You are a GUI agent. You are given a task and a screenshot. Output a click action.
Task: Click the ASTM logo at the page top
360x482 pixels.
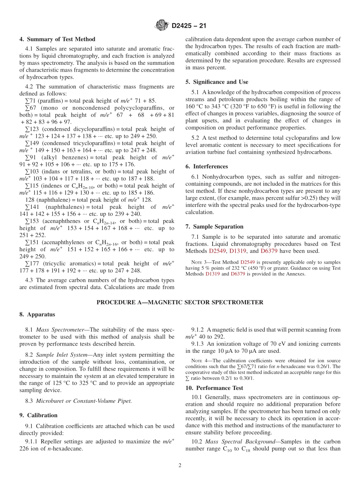click(162, 26)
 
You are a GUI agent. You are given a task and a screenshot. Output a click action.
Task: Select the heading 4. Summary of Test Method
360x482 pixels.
click(57, 39)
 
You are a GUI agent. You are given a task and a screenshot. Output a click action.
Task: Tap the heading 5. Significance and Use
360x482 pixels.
click(217, 82)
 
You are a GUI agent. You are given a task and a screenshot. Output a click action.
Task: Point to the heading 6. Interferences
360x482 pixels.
click(207, 166)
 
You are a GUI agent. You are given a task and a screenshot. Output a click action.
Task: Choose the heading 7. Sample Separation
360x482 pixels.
click(214, 227)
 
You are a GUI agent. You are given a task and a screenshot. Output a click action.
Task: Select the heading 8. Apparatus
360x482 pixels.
click(37, 315)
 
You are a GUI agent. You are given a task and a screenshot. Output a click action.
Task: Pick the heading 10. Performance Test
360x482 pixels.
click(214, 388)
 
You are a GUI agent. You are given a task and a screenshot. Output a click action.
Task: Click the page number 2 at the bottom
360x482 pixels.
click(180, 466)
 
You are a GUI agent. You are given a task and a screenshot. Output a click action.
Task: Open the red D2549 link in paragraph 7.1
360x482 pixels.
click(217, 251)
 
